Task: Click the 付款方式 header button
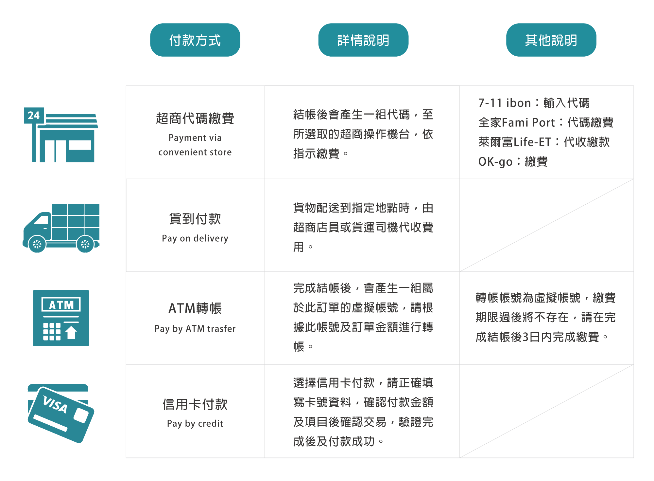pyautogui.click(x=195, y=40)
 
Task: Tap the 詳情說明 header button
pyautogui.click(x=363, y=40)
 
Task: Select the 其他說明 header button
pyautogui.click(x=551, y=40)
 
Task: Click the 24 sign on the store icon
pyautogui.click(x=34, y=116)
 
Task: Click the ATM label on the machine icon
pyautogui.click(x=61, y=305)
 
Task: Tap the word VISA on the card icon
pyautogui.click(x=55, y=404)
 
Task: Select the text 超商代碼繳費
pyautogui.click(x=195, y=118)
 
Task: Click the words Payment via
pyautogui.click(x=195, y=138)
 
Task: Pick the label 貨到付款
pyautogui.click(x=195, y=219)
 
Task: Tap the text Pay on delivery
pyautogui.click(x=195, y=238)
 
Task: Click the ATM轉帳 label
pyautogui.click(x=195, y=308)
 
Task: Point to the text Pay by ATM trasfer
pyautogui.click(x=195, y=328)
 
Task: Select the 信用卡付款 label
pyautogui.click(x=195, y=404)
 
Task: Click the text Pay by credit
pyautogui.click(x=195, y=423)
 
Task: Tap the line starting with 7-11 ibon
pyautogui.click(x=534, y=103)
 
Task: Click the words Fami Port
pyautogui.click(x=528, y=122)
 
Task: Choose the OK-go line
pyautogui.click(x=513, y=161)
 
